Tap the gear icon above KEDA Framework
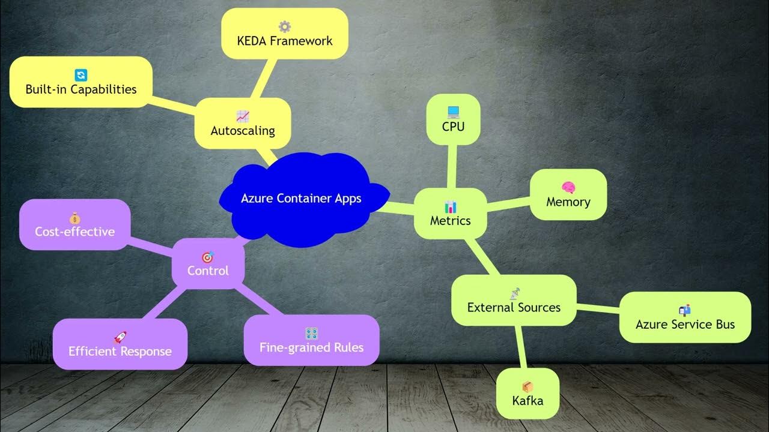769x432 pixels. point(284,26)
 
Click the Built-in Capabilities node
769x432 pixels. point(81,82)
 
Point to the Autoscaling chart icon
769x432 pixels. point(243,116)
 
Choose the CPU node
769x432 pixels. point(453,119)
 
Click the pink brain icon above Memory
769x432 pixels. point(568,188)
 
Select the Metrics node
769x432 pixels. point(450,214)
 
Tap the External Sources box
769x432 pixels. point(514,301)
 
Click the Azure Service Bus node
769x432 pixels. point(685,317)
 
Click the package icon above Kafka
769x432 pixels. point(527,386)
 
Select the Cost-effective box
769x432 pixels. point(74,224)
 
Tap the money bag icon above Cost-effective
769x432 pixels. point(74,217)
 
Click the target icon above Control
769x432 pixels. point(208,257)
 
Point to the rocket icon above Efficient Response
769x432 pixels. point(120,337)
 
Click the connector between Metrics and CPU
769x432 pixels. point(451,166)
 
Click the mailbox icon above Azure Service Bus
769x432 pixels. point(685,310)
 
